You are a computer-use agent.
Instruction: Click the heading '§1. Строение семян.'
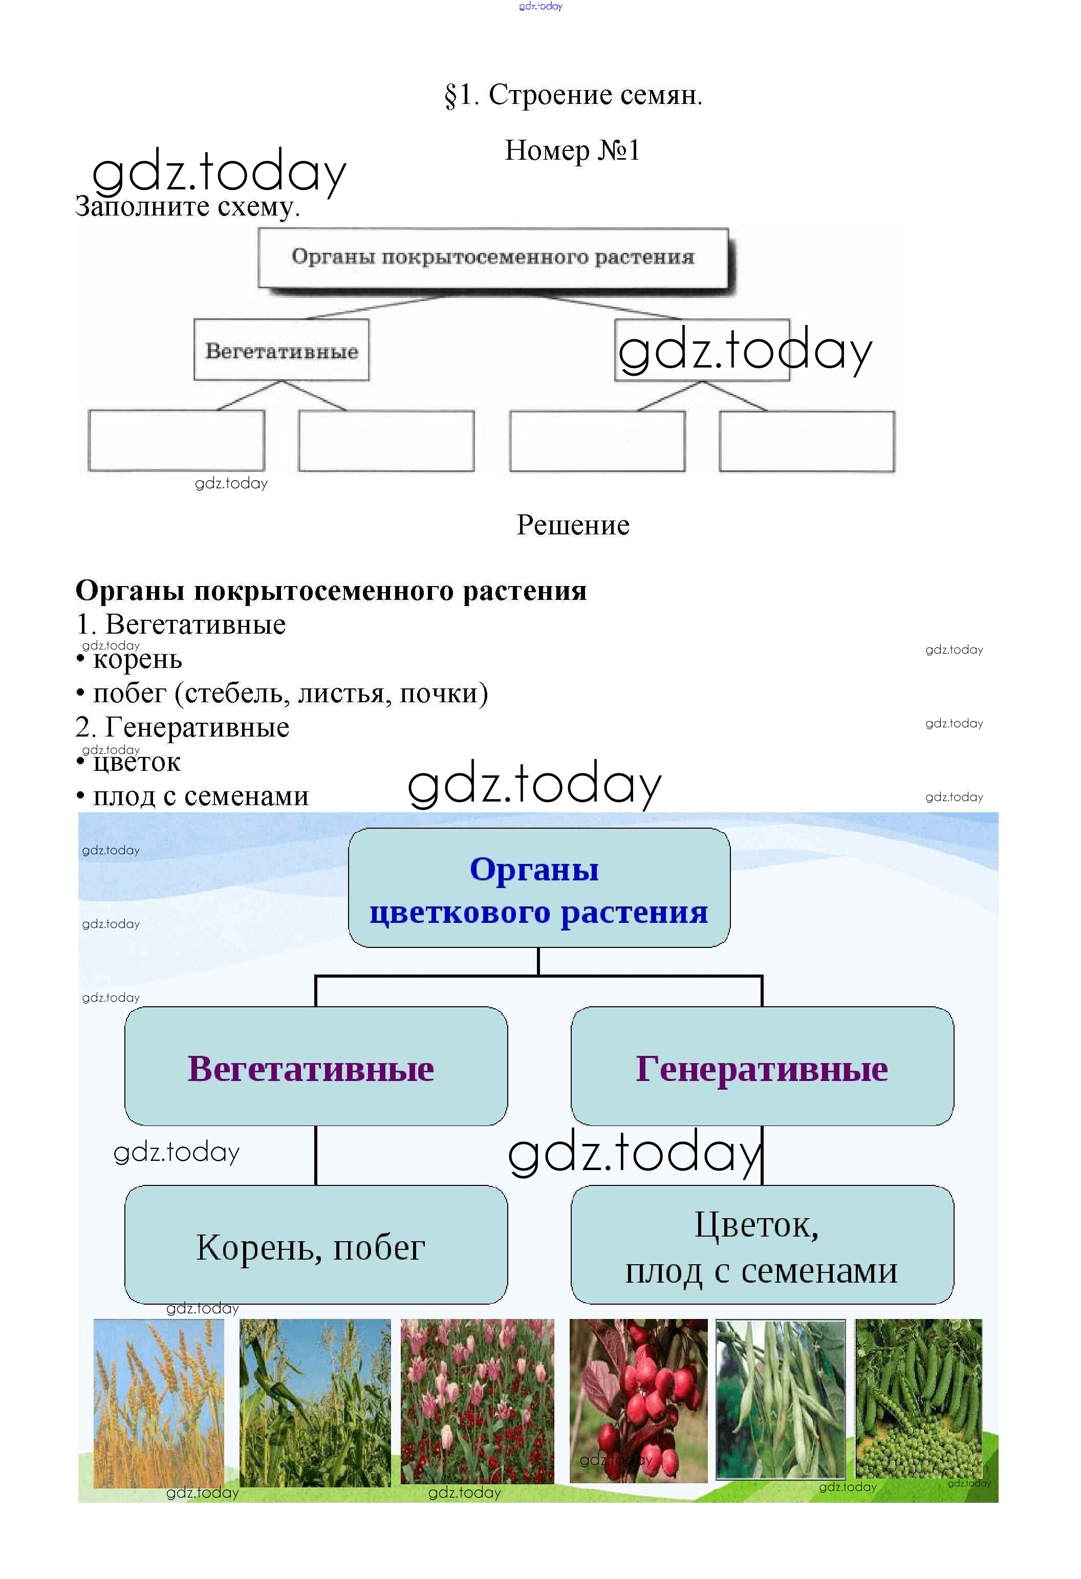point(573,95)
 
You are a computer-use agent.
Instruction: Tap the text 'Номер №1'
point(572,150)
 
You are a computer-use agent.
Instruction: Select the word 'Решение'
point(573,525)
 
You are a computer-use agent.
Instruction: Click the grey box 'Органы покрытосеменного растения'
point(493,257)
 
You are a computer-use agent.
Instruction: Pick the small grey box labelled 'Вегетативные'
point(282,350)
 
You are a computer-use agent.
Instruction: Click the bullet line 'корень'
point(129,659)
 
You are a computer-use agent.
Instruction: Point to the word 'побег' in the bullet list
point(129,693)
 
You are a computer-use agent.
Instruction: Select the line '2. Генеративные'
point(182,728)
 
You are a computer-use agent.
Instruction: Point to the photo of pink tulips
point(477,1402)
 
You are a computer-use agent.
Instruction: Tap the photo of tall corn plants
point(315,1403)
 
